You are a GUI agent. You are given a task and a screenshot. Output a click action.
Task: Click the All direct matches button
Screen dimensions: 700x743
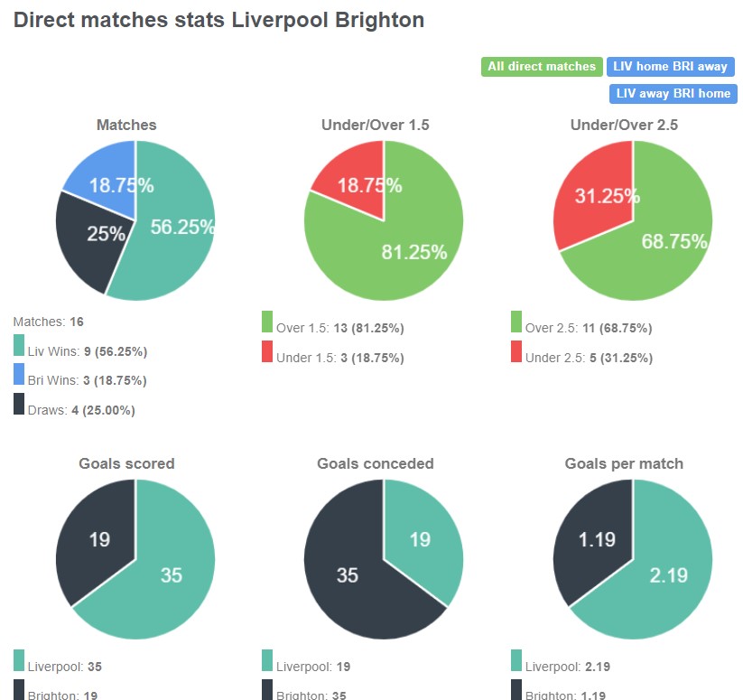542,66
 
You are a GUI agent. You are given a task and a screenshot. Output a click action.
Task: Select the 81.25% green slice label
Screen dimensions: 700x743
414,253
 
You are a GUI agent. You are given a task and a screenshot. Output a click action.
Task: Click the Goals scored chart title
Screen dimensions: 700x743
126,463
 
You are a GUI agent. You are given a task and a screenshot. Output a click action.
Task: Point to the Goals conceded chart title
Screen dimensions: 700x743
376,463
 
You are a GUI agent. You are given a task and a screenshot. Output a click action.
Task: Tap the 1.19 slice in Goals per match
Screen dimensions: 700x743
597,539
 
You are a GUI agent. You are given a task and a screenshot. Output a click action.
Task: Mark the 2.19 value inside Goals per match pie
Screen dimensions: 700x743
668,574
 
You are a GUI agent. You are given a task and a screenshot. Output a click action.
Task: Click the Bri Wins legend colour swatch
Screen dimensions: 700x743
19,373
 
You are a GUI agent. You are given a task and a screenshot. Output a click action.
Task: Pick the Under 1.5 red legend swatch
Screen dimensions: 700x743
267,351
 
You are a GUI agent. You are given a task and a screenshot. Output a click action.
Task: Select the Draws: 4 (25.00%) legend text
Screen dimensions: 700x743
81,410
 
